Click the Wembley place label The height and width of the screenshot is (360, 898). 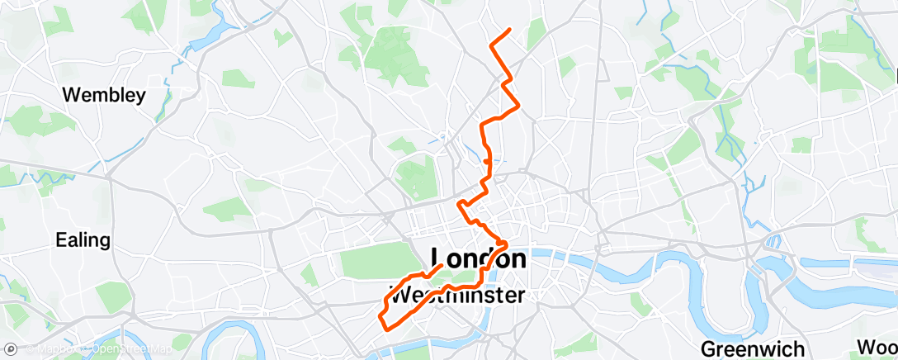coord(104,95)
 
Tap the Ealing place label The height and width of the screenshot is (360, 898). coord(83,240)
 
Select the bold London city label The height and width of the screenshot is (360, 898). coord(478,258)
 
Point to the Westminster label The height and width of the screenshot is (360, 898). coord(456,294)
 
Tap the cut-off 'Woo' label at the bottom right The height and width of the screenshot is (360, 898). coord(877,346)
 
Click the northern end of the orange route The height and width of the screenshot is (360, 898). coord(509,30)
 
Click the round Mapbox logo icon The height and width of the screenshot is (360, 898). coord(11,350)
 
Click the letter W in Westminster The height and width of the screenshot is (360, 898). coord(399,295)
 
